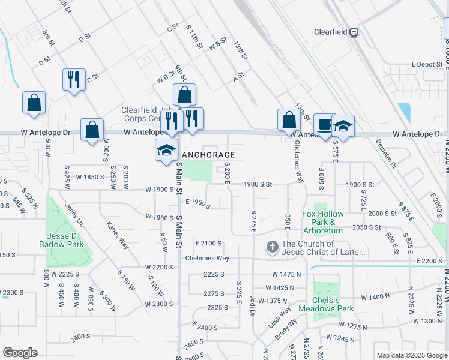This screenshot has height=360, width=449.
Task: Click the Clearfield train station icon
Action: [x=354, y=32]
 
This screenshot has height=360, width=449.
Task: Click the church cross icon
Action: [x=272, y=247]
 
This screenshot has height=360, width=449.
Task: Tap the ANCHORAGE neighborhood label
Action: [x=208, y=154]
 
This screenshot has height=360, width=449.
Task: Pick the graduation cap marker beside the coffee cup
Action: [x=343, y=127]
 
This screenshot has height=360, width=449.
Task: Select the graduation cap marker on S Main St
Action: [x=166, y=151]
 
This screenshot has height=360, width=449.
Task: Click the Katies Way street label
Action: [x=118, y=235]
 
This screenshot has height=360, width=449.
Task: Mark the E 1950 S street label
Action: [x=198, y=205]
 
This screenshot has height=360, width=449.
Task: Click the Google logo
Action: [x=20, y=353]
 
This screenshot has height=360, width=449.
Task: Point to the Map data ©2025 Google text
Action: [x=411, y=355]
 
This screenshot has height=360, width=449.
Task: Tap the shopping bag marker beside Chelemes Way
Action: [x=289, y=119]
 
